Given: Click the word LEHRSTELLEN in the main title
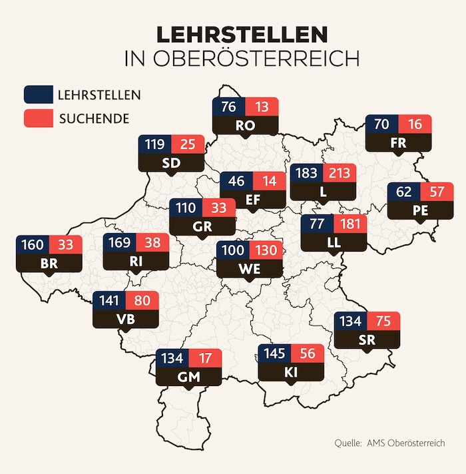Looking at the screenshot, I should pyautogui.click(x=242, y=35).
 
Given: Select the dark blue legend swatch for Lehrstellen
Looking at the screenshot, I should pyautogui.click(x=37, y=95).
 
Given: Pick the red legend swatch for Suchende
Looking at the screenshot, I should pyautogui.click(x=37, y=118).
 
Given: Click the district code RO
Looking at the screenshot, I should pyautogui.click(x=245, y=124).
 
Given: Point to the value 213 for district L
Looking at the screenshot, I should pyautogui.click(x=340, y=174).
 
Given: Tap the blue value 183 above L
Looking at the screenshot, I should pyautogui.click(x=307, y=174).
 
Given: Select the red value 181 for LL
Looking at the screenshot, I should pyautogui.click(x=350, y=223).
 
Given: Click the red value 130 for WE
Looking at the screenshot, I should pyautogui.click(x=266, y=251).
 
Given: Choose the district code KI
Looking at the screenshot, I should pyautogui.click(x=291, y=371).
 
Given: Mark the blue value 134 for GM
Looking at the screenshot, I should pyautogui.click(x=172, y=359).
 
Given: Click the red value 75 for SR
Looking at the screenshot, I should pyautogui.click(x=383, y=322).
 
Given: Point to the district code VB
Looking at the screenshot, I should pyautogui.click(x=125, y=320).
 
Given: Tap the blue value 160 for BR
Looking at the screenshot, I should pyautogui.click(x=33, y=244).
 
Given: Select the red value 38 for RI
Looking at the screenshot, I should pyautogui.click(x=153, y=243).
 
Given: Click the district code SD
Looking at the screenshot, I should pyautogui.click(x=171, y=162).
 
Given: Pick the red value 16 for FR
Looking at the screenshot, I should pyautogui.click(x=415, y=124).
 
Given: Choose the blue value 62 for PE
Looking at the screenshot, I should pyautogui.click(x=404, y=192).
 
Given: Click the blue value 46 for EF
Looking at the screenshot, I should pyautogui.click(x=237, y=180).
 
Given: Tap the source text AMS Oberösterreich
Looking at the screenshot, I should pyautogui.click(x=405, y=442).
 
